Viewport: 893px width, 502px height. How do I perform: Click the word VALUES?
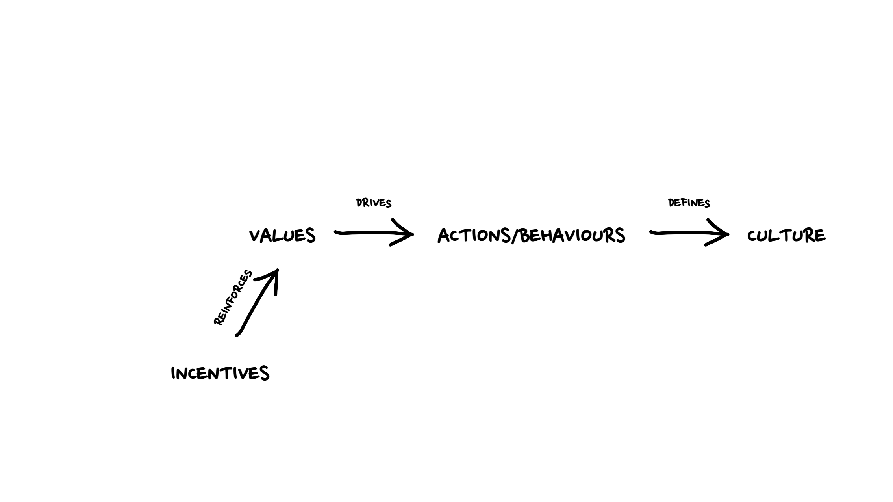coord(282,236)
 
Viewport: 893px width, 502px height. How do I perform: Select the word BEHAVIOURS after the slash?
coord(572,235)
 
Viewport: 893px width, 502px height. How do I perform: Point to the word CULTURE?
coord(786,236)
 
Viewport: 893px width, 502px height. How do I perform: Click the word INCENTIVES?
coord(220,373)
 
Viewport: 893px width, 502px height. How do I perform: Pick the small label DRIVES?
coord(374,203)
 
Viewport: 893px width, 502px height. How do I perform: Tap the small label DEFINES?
coord(689,203)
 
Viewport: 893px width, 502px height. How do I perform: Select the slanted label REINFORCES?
coord(233,298)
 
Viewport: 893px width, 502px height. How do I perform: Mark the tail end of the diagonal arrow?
coord(237,335)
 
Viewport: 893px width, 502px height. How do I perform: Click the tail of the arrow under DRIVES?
coord(336,232)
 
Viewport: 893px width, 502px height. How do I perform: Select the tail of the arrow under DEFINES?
coord(652,232)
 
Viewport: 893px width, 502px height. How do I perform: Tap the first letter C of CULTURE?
coord(753,236)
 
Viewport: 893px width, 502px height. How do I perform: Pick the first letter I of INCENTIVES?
coord(173,373)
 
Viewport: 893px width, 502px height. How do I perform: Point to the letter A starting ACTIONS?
coord(444,235)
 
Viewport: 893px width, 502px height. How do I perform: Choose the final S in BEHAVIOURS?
coord(619,235)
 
